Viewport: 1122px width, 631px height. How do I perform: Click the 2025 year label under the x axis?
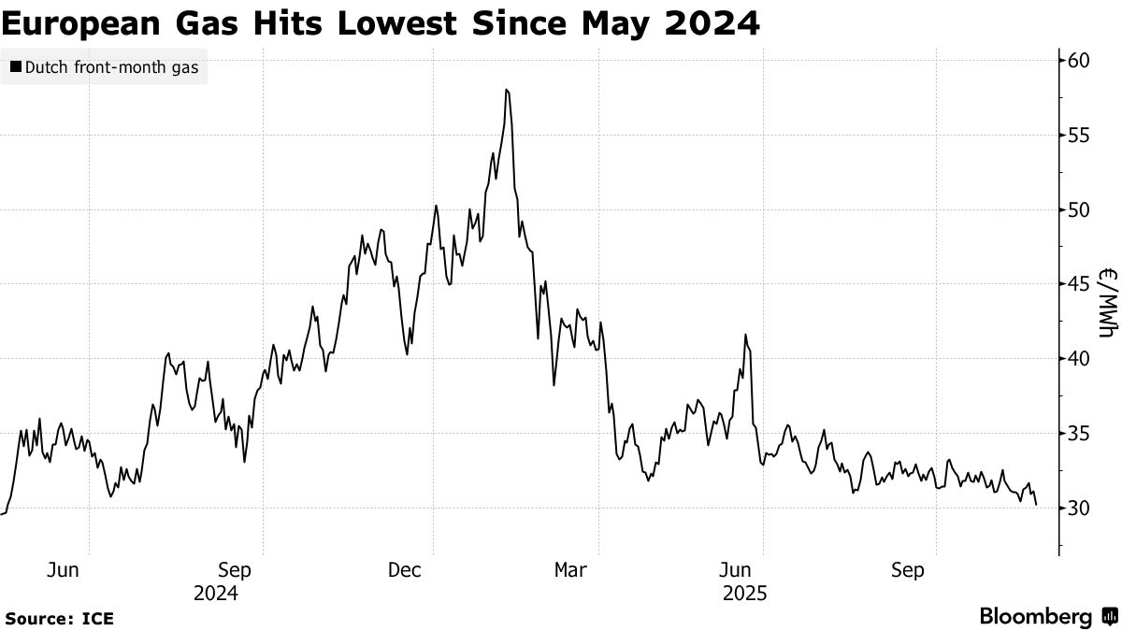coord(745,594)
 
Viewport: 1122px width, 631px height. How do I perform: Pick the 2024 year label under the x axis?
coord(216,594)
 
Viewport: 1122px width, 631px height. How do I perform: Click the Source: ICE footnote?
coord(60,619)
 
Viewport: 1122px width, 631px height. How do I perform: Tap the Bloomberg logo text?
coord(1036,617)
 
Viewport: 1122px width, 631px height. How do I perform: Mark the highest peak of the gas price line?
coord(506,90)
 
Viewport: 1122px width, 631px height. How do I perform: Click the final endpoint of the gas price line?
coord(1036,505)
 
